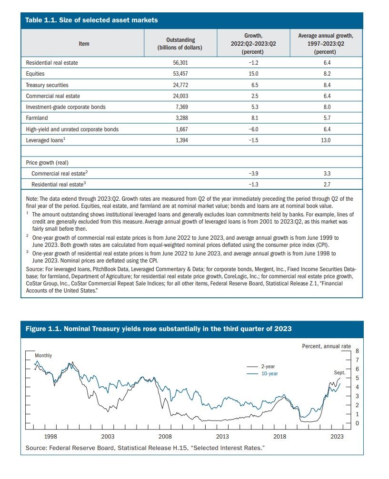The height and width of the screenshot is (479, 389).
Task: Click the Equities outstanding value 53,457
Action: tap(180, 74)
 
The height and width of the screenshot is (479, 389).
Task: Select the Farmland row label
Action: tap(37, 118)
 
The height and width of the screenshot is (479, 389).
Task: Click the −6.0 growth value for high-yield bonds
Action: tap(253, 129)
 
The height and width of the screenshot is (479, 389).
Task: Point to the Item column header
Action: tap(84, 44)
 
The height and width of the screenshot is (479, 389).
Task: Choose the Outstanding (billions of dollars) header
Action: tap(180, 44)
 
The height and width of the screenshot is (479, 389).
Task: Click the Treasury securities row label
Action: tap(47, 85)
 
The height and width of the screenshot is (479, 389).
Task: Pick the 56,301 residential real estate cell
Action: tap(180, 63)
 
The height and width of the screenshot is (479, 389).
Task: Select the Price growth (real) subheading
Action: tap(47, 163)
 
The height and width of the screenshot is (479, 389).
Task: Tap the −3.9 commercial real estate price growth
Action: tap(253, 174)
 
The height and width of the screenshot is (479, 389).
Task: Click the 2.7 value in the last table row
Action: tap(327, 185)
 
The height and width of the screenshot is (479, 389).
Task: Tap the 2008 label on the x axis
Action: tap(165, 437)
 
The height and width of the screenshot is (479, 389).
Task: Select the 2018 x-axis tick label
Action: tap(279, 437)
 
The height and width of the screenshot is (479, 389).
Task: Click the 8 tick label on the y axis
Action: tap(357, 351)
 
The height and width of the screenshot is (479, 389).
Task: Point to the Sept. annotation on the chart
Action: tap(339, 373)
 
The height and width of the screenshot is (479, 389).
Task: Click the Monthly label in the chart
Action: tap(43, 356)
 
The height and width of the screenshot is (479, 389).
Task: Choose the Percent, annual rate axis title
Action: tap(326, 346)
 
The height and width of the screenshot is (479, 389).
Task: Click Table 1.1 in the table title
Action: tap(40, 20)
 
